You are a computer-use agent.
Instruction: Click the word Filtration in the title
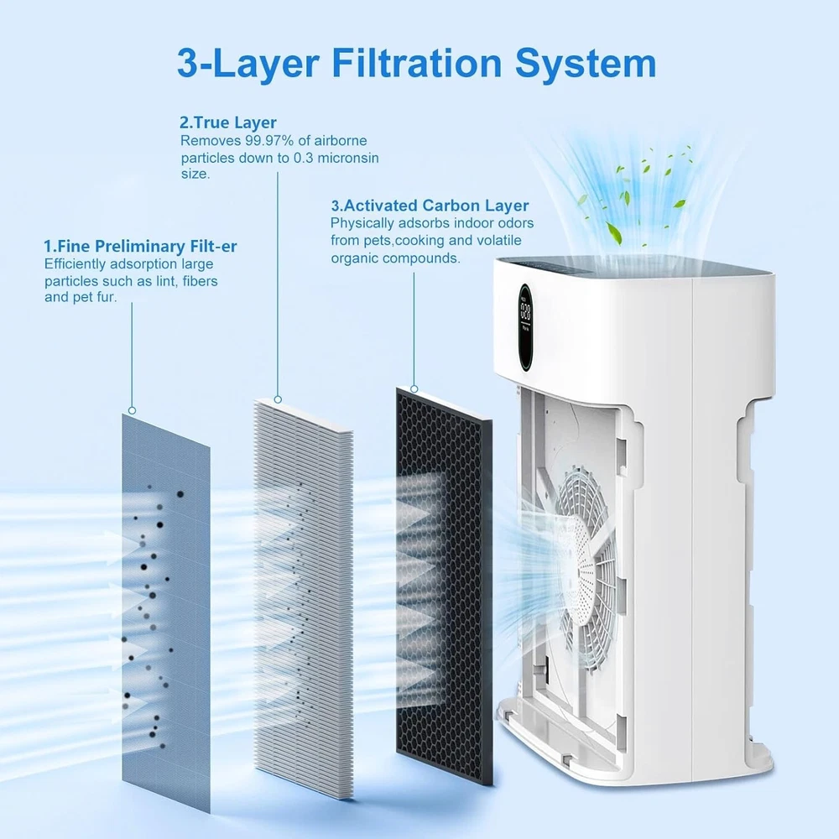coord(417,63)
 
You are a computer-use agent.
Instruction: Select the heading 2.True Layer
coord(228,122)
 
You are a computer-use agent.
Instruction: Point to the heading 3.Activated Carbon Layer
coord(430,206)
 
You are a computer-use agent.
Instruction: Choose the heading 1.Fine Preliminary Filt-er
coord(140,246)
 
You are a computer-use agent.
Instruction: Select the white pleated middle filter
coord(304,598)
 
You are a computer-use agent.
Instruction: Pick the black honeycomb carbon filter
coord(444,586)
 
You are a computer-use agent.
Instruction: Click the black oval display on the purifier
coord(525,328)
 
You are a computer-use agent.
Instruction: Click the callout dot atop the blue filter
coord(133,410)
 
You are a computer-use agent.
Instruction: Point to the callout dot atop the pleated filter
coord(278,399)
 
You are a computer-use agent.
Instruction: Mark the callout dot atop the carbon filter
coord(414,388)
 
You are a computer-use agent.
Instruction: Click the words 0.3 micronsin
coord(336,159)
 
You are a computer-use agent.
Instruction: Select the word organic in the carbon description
coord(355,258)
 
